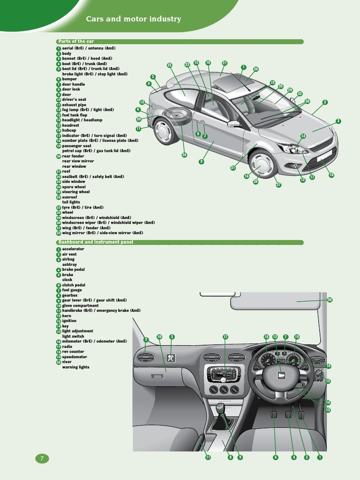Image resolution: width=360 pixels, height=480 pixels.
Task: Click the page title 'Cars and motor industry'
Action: [133, 19]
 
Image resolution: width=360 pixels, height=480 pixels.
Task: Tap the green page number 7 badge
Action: [42, 458]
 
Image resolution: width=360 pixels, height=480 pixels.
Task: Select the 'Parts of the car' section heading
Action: [76, 41]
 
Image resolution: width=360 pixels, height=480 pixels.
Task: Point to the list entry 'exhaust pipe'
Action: [74, 105]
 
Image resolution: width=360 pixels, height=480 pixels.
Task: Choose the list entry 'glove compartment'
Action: [80, 306]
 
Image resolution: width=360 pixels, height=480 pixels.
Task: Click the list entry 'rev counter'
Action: [73, 352]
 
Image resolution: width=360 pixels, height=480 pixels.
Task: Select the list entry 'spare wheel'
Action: [74, 187]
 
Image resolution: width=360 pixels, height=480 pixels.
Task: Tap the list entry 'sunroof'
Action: [69, 197]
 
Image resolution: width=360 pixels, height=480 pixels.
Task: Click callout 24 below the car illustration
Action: [184, 155]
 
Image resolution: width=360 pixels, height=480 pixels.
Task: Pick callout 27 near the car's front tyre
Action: [278, 185]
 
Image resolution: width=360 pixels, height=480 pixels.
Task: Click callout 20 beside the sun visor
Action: [330, 300]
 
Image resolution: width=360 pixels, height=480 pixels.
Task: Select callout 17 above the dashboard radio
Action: [225, 337]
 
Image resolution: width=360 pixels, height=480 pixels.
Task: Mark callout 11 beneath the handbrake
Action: [208, 457]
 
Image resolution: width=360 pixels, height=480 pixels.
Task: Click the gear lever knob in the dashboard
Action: [220, 406]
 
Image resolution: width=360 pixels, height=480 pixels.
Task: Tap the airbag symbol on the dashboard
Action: [172, 359]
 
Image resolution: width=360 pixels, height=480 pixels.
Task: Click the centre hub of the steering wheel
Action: [281, 375]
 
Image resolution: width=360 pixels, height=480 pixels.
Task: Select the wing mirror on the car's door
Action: [233, 124]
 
